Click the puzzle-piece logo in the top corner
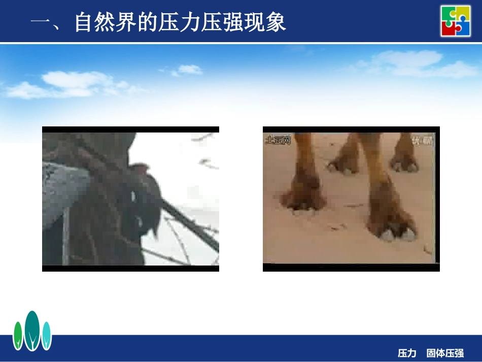pos(455,20)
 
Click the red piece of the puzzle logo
pos(449,28)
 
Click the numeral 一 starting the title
pos(41,23)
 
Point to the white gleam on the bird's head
pos(133,195)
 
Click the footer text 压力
pos(407,353)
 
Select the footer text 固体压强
pos(445,353)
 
